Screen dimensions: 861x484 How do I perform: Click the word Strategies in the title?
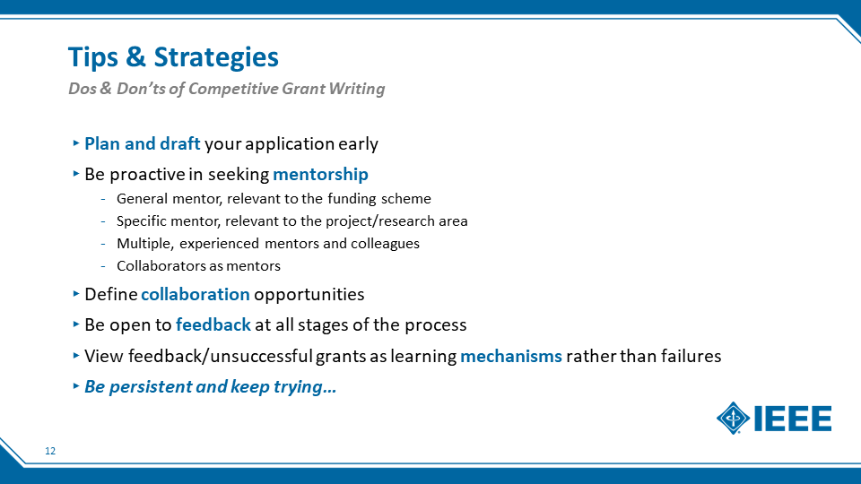216,58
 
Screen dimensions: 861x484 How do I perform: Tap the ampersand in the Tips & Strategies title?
135,56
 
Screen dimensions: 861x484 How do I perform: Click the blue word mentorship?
321,175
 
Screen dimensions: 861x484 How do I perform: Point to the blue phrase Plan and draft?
143,143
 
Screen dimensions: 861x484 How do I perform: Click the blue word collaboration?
196,294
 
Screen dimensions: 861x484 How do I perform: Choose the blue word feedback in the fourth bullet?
213,324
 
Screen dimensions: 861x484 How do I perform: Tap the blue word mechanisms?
511,356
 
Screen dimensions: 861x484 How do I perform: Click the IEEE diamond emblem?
733,419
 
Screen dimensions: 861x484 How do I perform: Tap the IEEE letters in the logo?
793,419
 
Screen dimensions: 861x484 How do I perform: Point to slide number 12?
50,451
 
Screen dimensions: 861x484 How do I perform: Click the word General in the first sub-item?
143,199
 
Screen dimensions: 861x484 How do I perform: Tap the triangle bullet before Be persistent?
76,385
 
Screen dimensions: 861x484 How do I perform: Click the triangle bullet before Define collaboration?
76,294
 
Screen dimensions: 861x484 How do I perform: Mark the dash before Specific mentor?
103,221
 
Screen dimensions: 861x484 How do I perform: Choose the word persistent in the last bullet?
150,387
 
